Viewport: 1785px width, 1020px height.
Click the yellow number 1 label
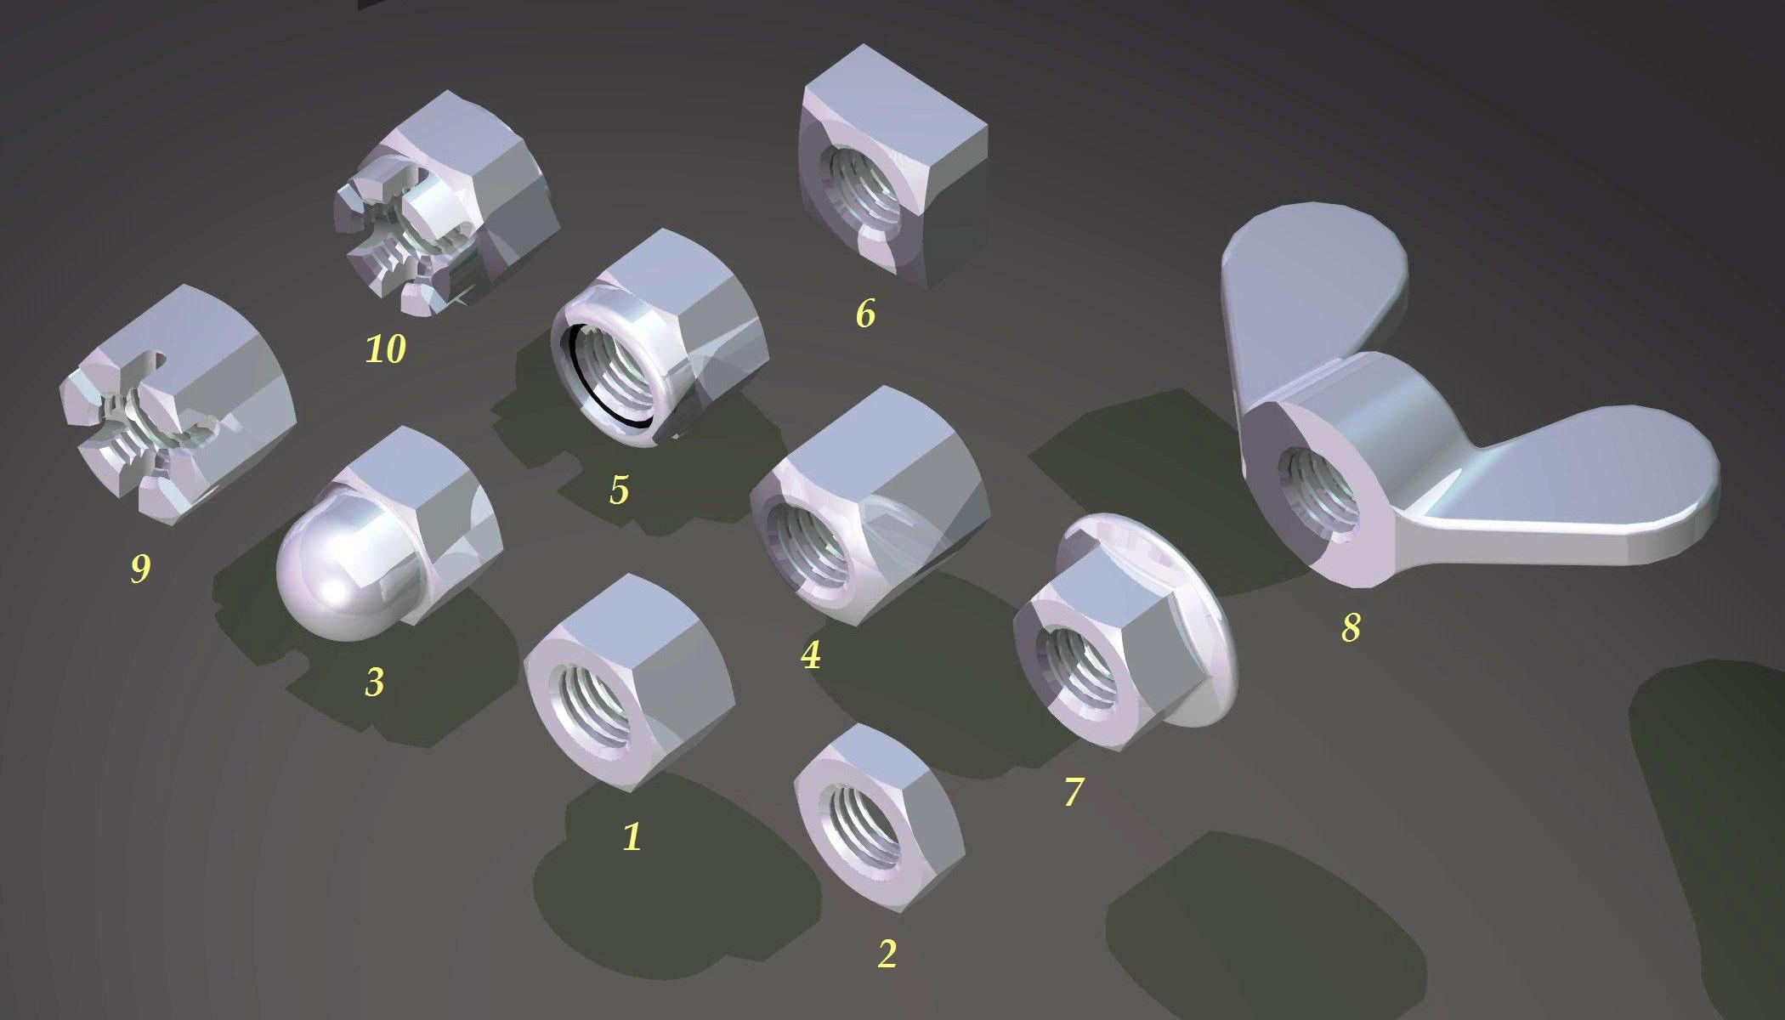coord(632,836)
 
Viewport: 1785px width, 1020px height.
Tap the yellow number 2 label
coord(887,954)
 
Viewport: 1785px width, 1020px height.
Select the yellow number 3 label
coord(375,682)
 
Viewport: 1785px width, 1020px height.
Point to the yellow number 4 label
coord(811,654)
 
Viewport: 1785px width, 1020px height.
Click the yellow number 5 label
coord(620,490)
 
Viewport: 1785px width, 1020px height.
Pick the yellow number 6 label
coord(865,314)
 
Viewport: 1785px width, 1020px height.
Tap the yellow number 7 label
coord(1074,791)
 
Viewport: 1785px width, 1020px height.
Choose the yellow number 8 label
coord(1351,627)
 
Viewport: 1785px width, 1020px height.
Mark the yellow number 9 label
coord(140,568)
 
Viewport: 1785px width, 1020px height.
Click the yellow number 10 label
coord(385,348)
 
